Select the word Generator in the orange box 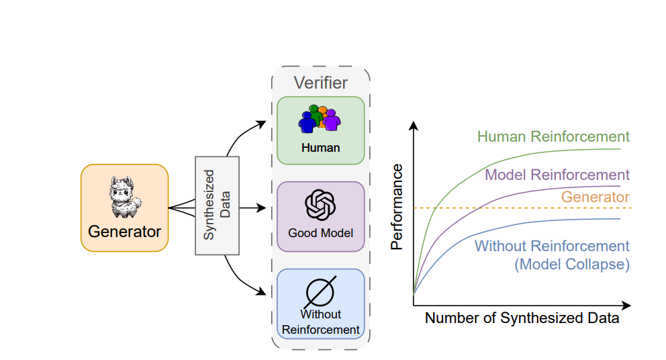click(125, 232)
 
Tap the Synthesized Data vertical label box click(217, 205)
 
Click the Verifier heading click(321, 83)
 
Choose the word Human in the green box click(320, 148)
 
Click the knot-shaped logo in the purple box click(320, 205)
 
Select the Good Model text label click(320, 233)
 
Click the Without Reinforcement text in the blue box click(320, 322)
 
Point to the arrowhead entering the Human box click(263, 123)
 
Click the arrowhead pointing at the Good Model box click(263, 208)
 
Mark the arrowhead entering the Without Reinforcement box click(263, 291)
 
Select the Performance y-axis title click(397, 206)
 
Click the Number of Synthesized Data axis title click(522, 318)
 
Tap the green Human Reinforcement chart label click(553, 137)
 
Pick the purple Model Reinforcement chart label click(557, 175)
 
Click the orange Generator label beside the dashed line click(595, 197)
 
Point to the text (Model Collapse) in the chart click(572, 265)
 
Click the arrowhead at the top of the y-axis click(414, 126)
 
